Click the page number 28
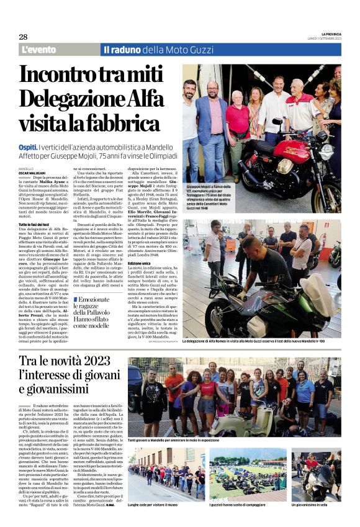[x=23, y=37]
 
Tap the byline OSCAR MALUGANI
[x=32, y=173]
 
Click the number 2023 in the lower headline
[x=90, y=361]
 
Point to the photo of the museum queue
[x=166, y=474]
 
